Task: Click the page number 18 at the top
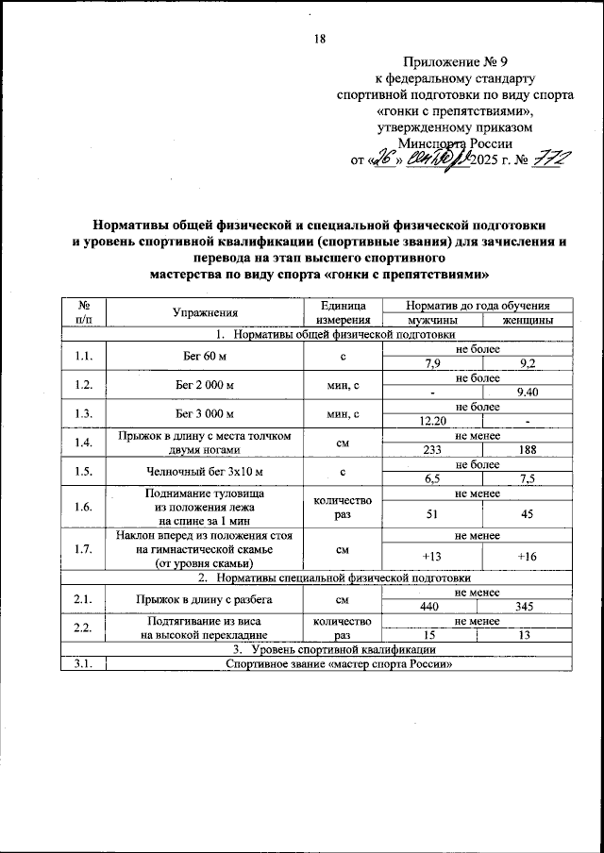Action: point(319,39)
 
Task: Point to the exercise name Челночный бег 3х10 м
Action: point(205,471)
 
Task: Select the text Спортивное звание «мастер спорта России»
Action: point(334,663)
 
